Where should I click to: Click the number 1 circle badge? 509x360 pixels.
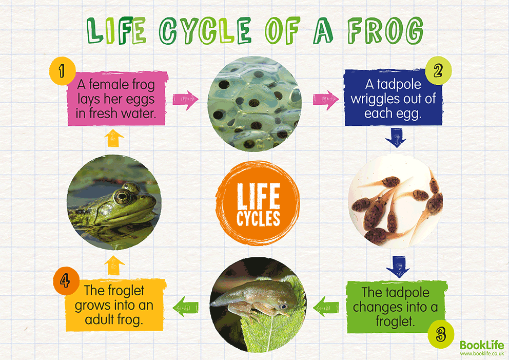click(x=62, y=72)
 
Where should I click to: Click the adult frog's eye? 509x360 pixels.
click(x=122, y=197)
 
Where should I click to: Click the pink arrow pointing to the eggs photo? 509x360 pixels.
click(x=185, y=99)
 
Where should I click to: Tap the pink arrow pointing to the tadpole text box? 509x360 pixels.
click(x=326, y=99)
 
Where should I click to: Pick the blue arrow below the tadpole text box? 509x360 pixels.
click(x=396, y=138)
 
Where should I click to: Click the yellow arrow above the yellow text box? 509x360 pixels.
click(x=114, y=265)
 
